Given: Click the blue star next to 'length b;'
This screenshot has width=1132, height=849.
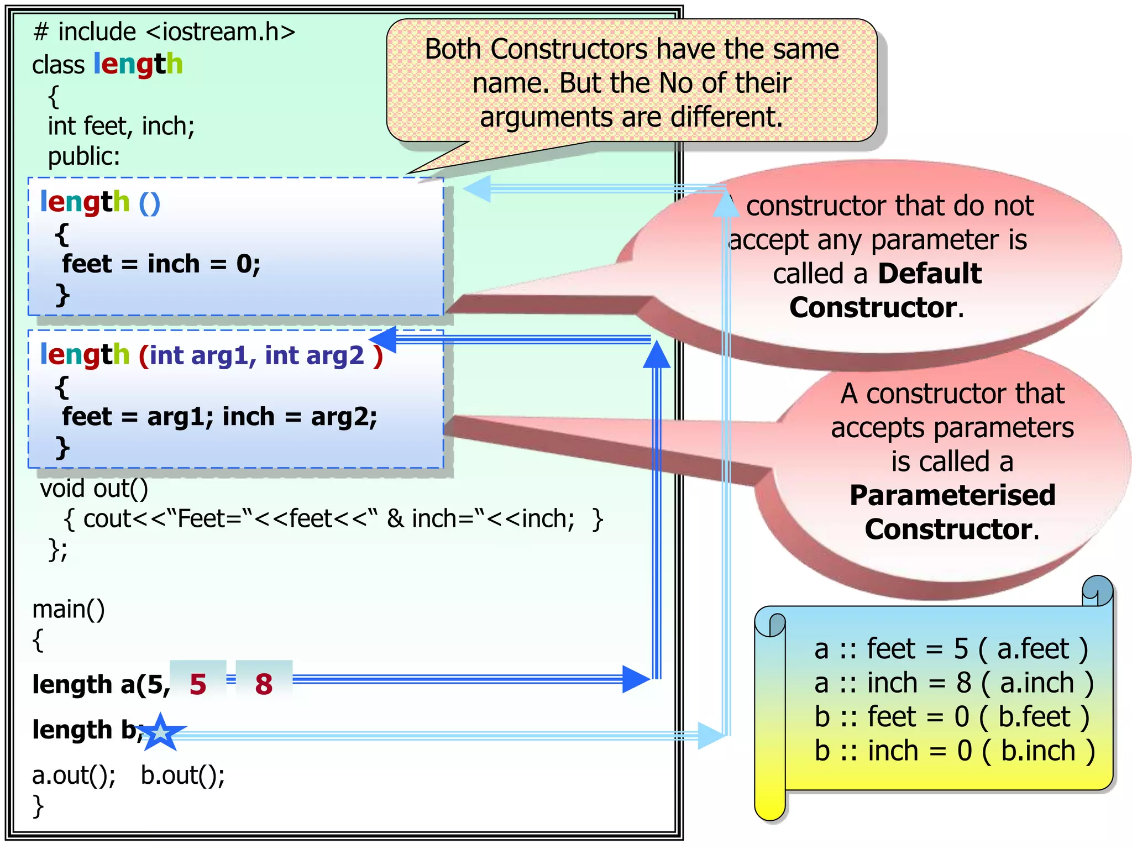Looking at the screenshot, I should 160,732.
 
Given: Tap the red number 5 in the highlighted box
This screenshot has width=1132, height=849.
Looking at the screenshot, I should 198,684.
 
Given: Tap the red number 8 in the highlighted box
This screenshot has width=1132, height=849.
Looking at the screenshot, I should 264,684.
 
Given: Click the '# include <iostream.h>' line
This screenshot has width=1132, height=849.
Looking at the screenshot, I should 164,32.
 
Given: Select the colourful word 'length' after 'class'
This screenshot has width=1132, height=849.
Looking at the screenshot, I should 138,64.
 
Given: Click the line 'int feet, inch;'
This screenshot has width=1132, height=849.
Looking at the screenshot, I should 121,126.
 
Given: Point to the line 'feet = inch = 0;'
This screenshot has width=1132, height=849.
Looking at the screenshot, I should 161,264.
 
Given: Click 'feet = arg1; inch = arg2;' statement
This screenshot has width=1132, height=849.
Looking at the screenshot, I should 219,416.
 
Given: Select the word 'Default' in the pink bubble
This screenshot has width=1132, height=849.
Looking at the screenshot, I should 930,273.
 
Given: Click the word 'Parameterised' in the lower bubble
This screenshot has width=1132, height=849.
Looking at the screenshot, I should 952,495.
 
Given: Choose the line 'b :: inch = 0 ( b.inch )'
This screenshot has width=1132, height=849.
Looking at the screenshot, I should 955,751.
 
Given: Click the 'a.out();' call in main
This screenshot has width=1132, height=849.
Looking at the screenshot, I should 74,775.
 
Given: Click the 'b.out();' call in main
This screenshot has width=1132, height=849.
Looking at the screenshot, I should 183,775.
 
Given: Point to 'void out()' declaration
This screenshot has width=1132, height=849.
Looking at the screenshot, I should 94,489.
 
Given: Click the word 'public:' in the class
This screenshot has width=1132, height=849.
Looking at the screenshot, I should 84,156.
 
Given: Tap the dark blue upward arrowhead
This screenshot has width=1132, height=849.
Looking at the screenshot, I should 657,354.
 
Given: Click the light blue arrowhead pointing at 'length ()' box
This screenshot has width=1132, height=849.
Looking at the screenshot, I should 477,188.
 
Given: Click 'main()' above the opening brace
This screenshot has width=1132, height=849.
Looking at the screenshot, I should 69,609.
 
